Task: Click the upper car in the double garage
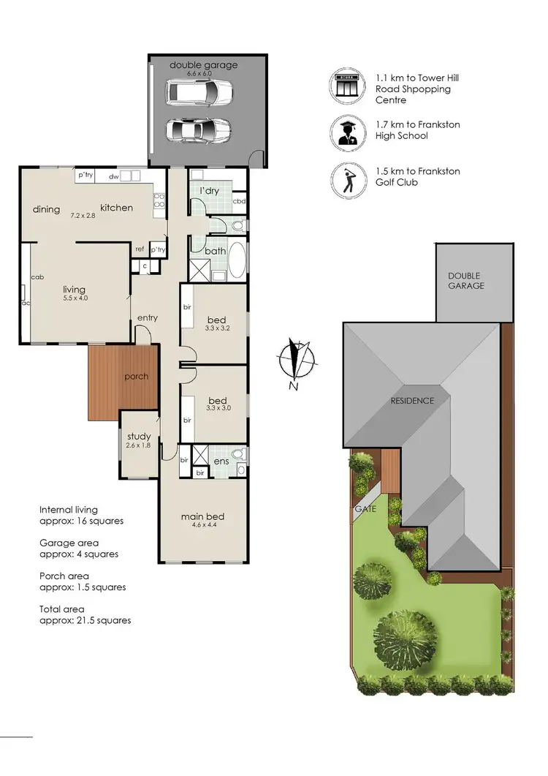pyautogui.click(x=199, y=92)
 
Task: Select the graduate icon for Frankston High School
pyautogui.click(x=346, y=132)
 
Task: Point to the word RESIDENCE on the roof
pyautogui.click(x=412, y=400)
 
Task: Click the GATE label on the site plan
pyautogui.click(x=365, y=508)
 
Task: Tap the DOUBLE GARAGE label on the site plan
pyautogui.click(x=466, y=281)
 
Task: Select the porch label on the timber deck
pyautogui.click(x=137, y=377)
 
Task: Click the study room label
pyautogui.click(x=138, y=437)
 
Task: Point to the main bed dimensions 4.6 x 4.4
pyautogui.click(x=202, y=525)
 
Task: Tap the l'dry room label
pyautogui.click(x=209, y=191)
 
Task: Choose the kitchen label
pyautogui.click(x=117, y=208)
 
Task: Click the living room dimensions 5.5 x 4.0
pyautogui.click(x=75, y=298)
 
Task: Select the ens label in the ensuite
pyautogui.click(x=221, y=462)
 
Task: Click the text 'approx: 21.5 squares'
pyautogui.click(x=85, y=620)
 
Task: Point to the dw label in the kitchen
pyautogui.click(x=113, y=176)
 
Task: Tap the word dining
pyautogui.click(x=46, y=210)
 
